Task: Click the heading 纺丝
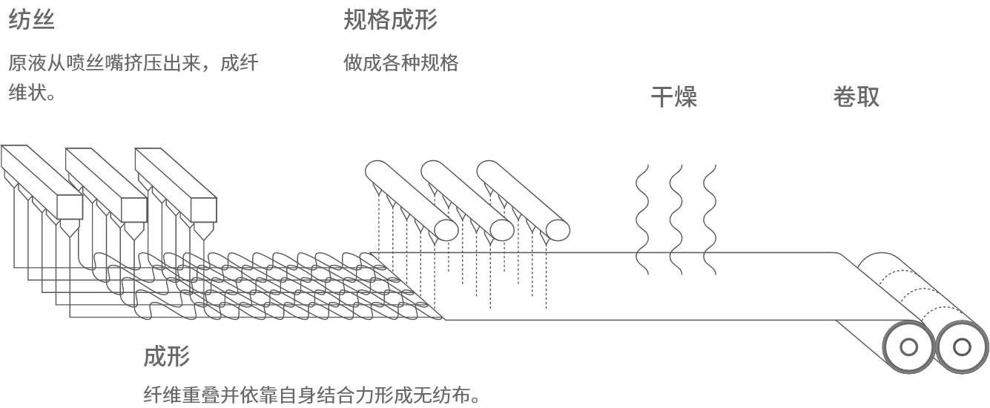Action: point(31,20)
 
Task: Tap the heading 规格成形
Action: point(390,20)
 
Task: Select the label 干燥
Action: point(674,97)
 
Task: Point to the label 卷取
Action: point(856,97)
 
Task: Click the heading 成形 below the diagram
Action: point(167,356)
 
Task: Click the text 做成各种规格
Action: point(401,63)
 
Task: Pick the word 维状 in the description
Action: point(27,93)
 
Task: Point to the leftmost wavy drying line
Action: point(642,220)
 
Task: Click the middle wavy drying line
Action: point(676,220)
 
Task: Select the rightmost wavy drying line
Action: point(710,220)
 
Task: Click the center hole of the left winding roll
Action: point(908,347)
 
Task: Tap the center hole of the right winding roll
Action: point(962,347)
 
